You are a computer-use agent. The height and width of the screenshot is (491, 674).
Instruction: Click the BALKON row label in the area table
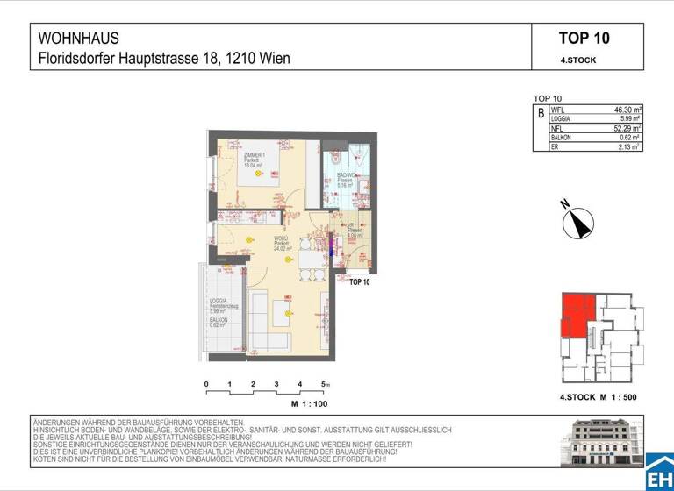point(562,138)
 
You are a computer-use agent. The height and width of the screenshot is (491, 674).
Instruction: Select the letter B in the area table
point(541,114)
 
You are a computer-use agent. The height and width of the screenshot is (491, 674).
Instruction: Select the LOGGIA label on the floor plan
point(219,302)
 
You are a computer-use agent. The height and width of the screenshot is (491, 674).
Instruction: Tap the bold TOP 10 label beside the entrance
point(360,282)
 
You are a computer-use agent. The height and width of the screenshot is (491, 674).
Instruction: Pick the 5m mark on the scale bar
point(325,385)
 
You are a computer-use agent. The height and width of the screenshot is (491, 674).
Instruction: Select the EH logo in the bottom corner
point(659,474)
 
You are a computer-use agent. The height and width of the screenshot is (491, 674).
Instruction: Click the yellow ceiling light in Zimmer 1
point(259,174)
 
